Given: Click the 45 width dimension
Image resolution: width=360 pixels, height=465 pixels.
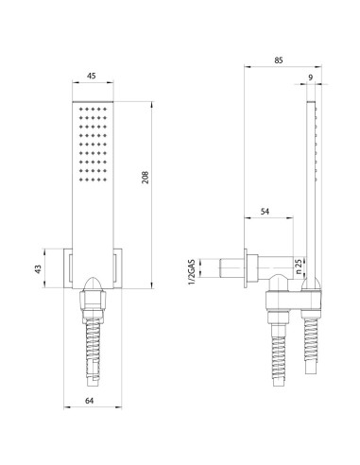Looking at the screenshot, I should (x=91, y=77).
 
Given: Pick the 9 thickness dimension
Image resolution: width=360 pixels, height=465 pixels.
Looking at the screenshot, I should (x=310, y=77).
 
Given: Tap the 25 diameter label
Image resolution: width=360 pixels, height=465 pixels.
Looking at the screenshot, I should (x=299, y=266).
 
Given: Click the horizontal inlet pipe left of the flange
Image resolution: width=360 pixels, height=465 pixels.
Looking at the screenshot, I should (x=232, y=267).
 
